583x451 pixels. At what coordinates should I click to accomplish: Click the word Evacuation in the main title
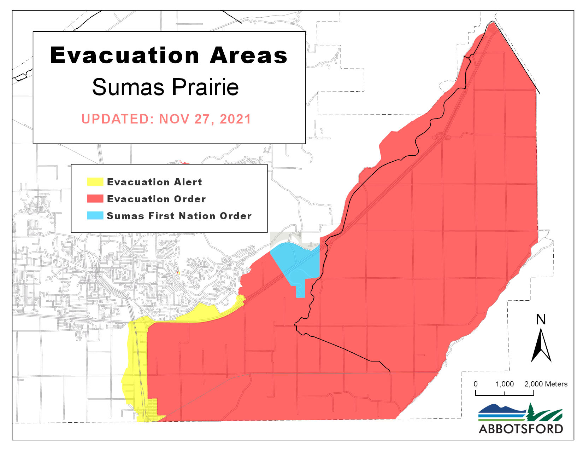tap(125, 56)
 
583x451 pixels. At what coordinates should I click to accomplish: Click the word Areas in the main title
tap(248, 56)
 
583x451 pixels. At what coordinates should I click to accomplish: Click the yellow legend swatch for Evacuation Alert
tap(95, 182)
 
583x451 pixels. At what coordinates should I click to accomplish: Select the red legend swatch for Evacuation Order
tap(95, 199)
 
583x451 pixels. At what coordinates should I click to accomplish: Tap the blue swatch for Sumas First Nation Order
tap(95, 216)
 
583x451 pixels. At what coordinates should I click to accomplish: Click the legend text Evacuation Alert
tap(154, 182)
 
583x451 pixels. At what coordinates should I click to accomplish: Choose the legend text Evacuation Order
tap(156, 199)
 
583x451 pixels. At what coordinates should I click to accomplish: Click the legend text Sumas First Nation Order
tap(179, 216)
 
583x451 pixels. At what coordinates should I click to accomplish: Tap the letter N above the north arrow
tap(541, 320)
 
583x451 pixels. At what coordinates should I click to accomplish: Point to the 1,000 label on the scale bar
tap(505, 384)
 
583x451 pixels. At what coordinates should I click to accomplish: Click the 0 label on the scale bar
tap(476, 384)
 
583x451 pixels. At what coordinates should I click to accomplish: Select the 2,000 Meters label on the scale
tap(546, 384)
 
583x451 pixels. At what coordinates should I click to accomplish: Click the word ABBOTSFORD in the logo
tap(520, 429)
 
